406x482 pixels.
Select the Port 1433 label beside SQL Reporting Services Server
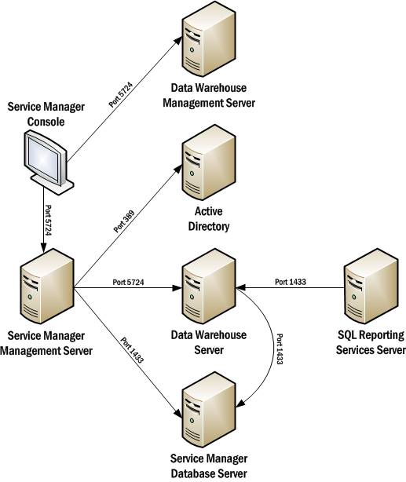(293, 281)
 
